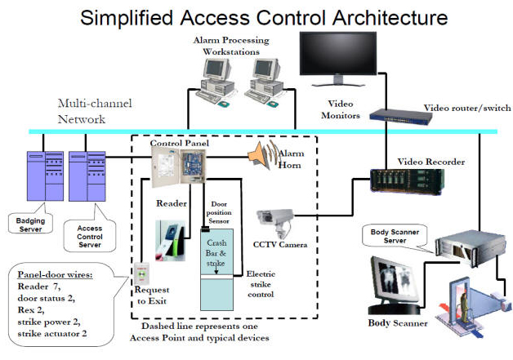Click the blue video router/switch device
401,117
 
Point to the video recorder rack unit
407,181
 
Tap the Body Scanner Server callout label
395,236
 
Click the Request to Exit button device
141,273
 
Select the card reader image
170,241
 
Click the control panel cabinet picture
179,167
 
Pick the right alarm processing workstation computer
264,82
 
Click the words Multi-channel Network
95,111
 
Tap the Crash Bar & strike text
216,253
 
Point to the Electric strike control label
261,284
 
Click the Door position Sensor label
219,212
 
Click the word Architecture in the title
390,18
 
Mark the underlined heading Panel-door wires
55,274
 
